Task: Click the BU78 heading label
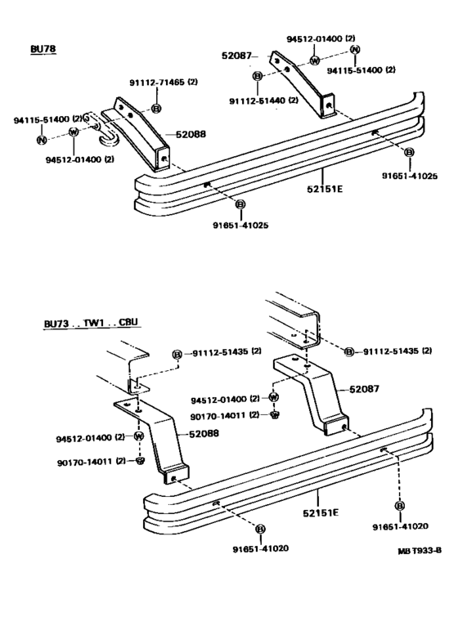click(x=43, y=49)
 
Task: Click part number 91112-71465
click(x=157, y=83)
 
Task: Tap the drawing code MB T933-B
click(x=420, y=550)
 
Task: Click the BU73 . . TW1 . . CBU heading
click(x=91, y=323)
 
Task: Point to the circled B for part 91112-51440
click(x=258, y=76)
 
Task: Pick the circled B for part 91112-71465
click(x=156, y=108)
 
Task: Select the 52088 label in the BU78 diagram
click(x=191, y=134)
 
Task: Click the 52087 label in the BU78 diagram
click(x=236, y=56)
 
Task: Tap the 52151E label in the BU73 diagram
click(x=321, y=512)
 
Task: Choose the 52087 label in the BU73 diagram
click(x=364, y=389)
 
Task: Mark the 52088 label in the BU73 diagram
click(x=204, y=434)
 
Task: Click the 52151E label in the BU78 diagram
click(x=325, y=189)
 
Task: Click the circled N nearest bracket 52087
click(x=355, y=49)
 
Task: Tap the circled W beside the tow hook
click(x=74, y=132)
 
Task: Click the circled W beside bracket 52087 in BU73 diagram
click(x=274, y=397)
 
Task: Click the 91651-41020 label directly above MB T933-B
click(x=400, y=526)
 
